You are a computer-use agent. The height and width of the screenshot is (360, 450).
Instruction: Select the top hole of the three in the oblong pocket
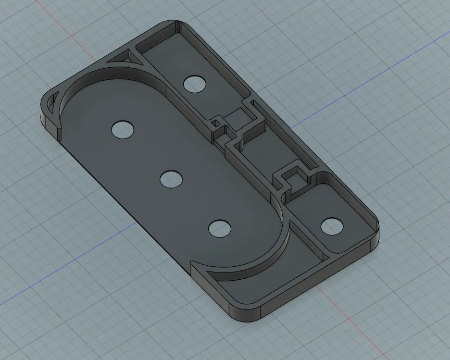pos(123,129)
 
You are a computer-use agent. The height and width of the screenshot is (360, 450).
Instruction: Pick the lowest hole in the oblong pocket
pos(220,228)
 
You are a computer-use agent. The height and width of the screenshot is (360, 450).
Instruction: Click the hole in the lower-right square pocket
pos(332,227)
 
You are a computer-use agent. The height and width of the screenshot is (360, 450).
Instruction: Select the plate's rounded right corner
pos(373,229)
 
